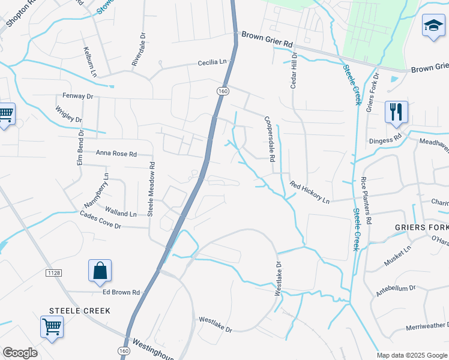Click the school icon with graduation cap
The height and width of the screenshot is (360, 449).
[x=432, y=26]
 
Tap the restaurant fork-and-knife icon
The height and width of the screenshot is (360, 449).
[x=396, y=112]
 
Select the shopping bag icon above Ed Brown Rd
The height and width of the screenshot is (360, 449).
[x=100, y=271]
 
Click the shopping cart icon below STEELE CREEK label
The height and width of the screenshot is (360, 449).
[x=52, y=328]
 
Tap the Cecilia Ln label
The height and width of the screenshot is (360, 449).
[x=214, y=62]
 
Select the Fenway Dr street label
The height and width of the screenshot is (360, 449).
[x=78, y=95]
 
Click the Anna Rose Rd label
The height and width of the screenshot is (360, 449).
[x=116, y=154]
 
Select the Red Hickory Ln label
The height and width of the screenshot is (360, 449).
[x=310, y=192]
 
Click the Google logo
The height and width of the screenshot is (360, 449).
[x=20, y=353]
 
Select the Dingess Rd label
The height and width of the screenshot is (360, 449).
[x=385, y=141]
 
